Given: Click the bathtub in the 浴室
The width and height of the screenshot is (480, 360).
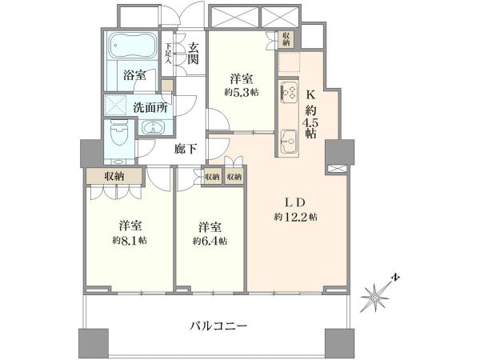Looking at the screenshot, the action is [133, 46].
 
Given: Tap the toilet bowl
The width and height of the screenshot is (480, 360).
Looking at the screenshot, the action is [118, 133].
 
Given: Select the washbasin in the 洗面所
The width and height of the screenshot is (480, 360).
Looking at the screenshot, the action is [154, 127].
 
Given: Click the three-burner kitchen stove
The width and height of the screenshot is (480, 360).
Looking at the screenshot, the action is [289, 90].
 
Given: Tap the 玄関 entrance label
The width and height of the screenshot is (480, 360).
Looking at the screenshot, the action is [193, 53].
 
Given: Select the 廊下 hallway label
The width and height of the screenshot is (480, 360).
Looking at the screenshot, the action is [186, 149].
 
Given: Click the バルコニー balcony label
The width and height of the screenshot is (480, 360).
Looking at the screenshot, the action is [218, 326].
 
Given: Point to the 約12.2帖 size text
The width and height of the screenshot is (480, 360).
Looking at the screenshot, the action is [295, 217].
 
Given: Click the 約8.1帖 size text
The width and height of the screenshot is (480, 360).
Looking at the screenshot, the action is [130, 240].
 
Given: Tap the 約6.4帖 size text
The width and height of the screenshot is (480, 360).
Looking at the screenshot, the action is [210, 241].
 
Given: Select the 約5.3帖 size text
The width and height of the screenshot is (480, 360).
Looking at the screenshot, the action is [242, 92].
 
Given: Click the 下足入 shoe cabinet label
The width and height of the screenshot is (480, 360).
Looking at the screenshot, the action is [168, 54].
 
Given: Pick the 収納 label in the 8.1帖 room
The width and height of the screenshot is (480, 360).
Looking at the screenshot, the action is [114, 176].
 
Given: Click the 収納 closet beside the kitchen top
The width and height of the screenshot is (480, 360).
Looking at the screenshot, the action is [286, 39].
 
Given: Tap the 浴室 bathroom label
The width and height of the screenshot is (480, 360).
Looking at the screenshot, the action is [134, 75].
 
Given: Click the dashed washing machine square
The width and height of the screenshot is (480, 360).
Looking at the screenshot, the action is [115, 105].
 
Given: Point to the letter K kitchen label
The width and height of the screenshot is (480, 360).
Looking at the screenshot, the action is [310, 95].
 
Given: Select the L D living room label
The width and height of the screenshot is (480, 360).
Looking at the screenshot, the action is [295, 202].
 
